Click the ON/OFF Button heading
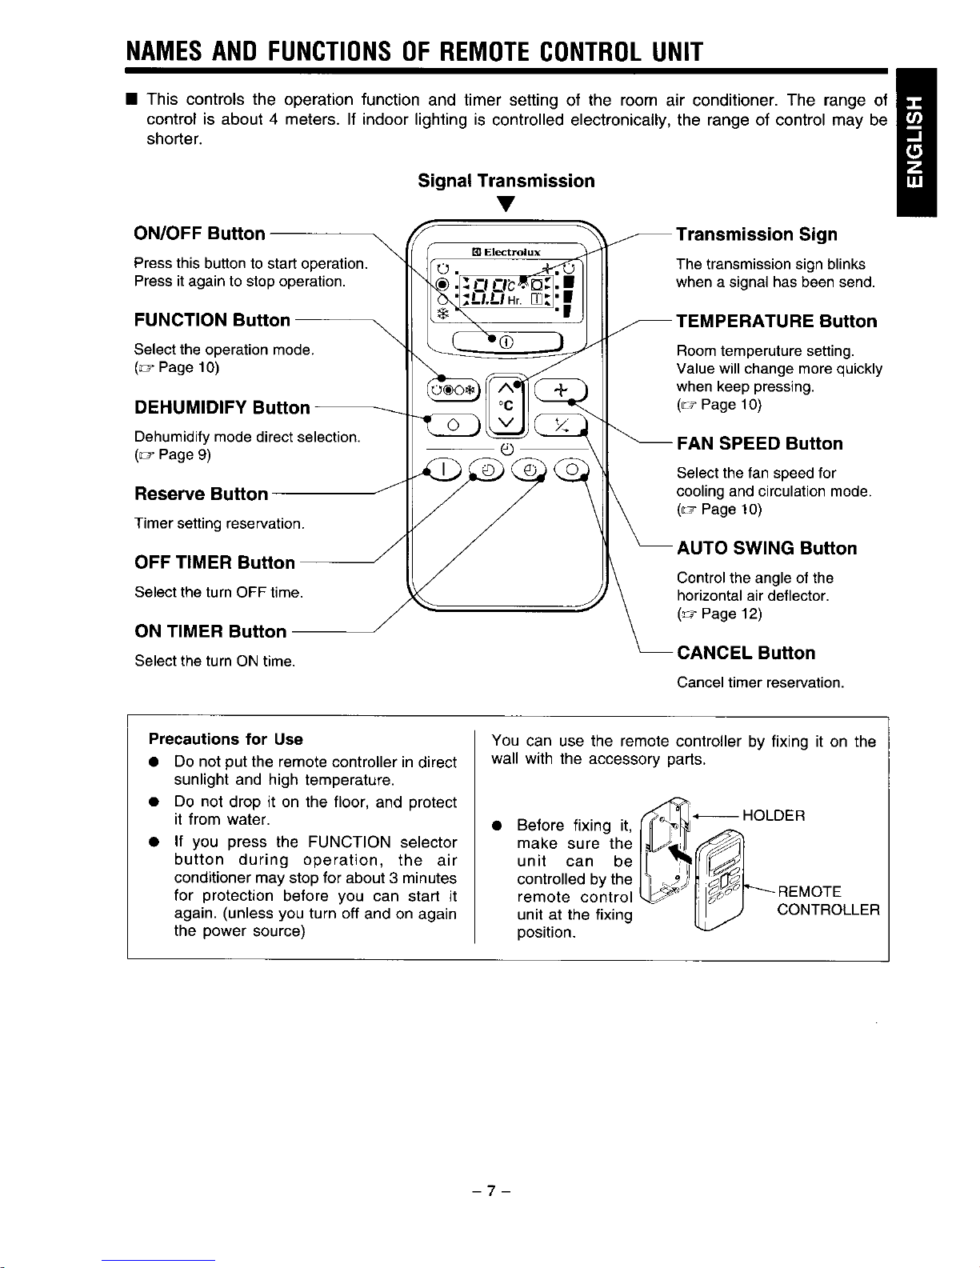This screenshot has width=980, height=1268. pyautogui.click(x=199, y=234)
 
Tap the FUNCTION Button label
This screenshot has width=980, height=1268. pyautogui.click(x=212, y=320)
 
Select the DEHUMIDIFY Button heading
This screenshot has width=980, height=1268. pyautogui.click(x=222, y=407)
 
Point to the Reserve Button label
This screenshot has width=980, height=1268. pyautogui.click(x=201, y=494)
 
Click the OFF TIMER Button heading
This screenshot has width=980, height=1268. pyautogui.click(x=214, y=562)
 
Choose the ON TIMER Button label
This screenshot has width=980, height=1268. pyautogui.click(x=210, y=631)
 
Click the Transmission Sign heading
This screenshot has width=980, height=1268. pyautogui.click(x=757, y=234)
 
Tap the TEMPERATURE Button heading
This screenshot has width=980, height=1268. pyautogui.click(x=777, y=322)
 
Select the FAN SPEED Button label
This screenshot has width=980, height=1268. pyautogui.click(x=760, y=444)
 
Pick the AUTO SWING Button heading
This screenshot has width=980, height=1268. pyautogui.click(x=767, y=548)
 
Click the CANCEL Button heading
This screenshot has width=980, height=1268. pyautogui.click(x=746, y=653)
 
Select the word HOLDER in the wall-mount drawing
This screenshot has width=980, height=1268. pyautogui.click(x=774, y=815)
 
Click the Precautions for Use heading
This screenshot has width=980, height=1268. pyautogui.click(x=226, y=738)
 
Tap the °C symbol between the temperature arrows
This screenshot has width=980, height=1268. pyautogui.click(x=504, y=404)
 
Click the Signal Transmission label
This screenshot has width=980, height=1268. pyautogui.click(x=506, y=181)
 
